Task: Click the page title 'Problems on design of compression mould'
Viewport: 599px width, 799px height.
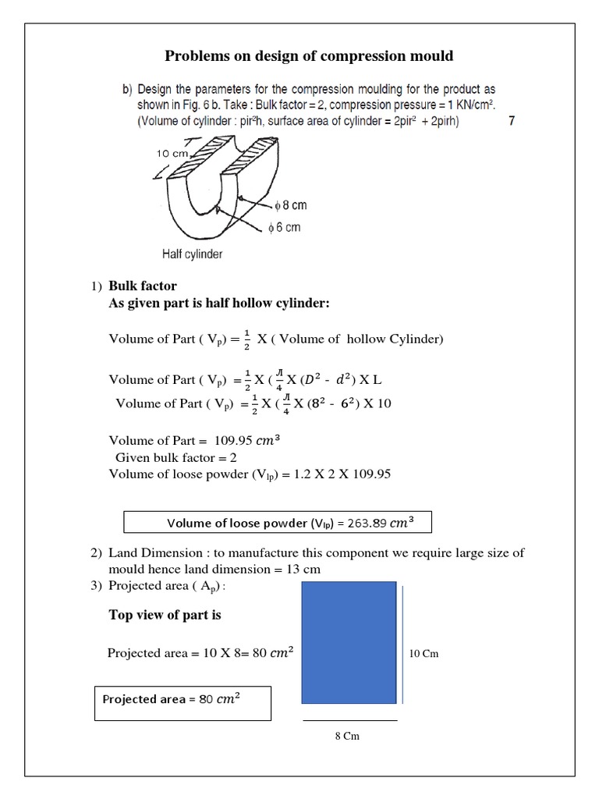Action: (308, 56)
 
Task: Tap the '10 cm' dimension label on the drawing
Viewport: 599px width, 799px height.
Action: (173, 154)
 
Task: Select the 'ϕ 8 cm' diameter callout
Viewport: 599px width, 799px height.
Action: (290, 205)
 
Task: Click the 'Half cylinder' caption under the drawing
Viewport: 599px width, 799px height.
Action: (192, 254)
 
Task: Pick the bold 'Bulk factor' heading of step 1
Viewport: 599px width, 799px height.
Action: (143, 286)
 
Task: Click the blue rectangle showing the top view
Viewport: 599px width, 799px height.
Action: (349, 642)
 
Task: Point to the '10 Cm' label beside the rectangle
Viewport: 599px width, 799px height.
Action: (424, 653)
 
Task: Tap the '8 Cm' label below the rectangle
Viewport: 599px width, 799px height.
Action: (347, 736)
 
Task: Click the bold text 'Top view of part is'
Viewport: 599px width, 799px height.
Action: (165, 615)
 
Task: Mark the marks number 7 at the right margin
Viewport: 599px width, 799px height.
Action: (512, 121)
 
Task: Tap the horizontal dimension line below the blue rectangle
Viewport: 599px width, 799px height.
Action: (349, 720)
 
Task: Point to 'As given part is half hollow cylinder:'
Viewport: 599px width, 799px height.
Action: (219, 303)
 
